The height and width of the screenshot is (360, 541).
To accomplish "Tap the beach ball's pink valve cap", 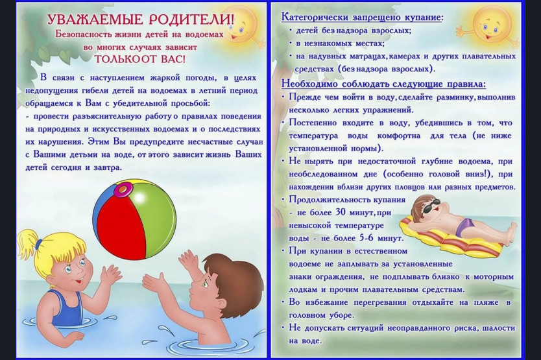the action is click(x=122, y=189).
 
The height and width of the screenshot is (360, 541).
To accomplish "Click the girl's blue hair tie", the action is click(x=39, y=244).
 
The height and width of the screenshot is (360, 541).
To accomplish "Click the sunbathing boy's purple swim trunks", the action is click(x=465, y=226).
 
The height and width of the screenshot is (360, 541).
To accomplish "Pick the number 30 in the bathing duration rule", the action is click(x=340, y=212).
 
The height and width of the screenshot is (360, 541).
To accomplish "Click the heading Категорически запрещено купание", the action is click(x=363, y=18).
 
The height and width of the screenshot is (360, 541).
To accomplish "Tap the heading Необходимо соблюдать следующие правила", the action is click(x=383, y=84).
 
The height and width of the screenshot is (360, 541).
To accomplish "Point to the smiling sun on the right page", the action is click(x=492, y=24).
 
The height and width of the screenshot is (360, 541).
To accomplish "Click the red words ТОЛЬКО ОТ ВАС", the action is click(x=139, y=59).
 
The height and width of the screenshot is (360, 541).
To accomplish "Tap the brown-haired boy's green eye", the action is click(x=204, y=284).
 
